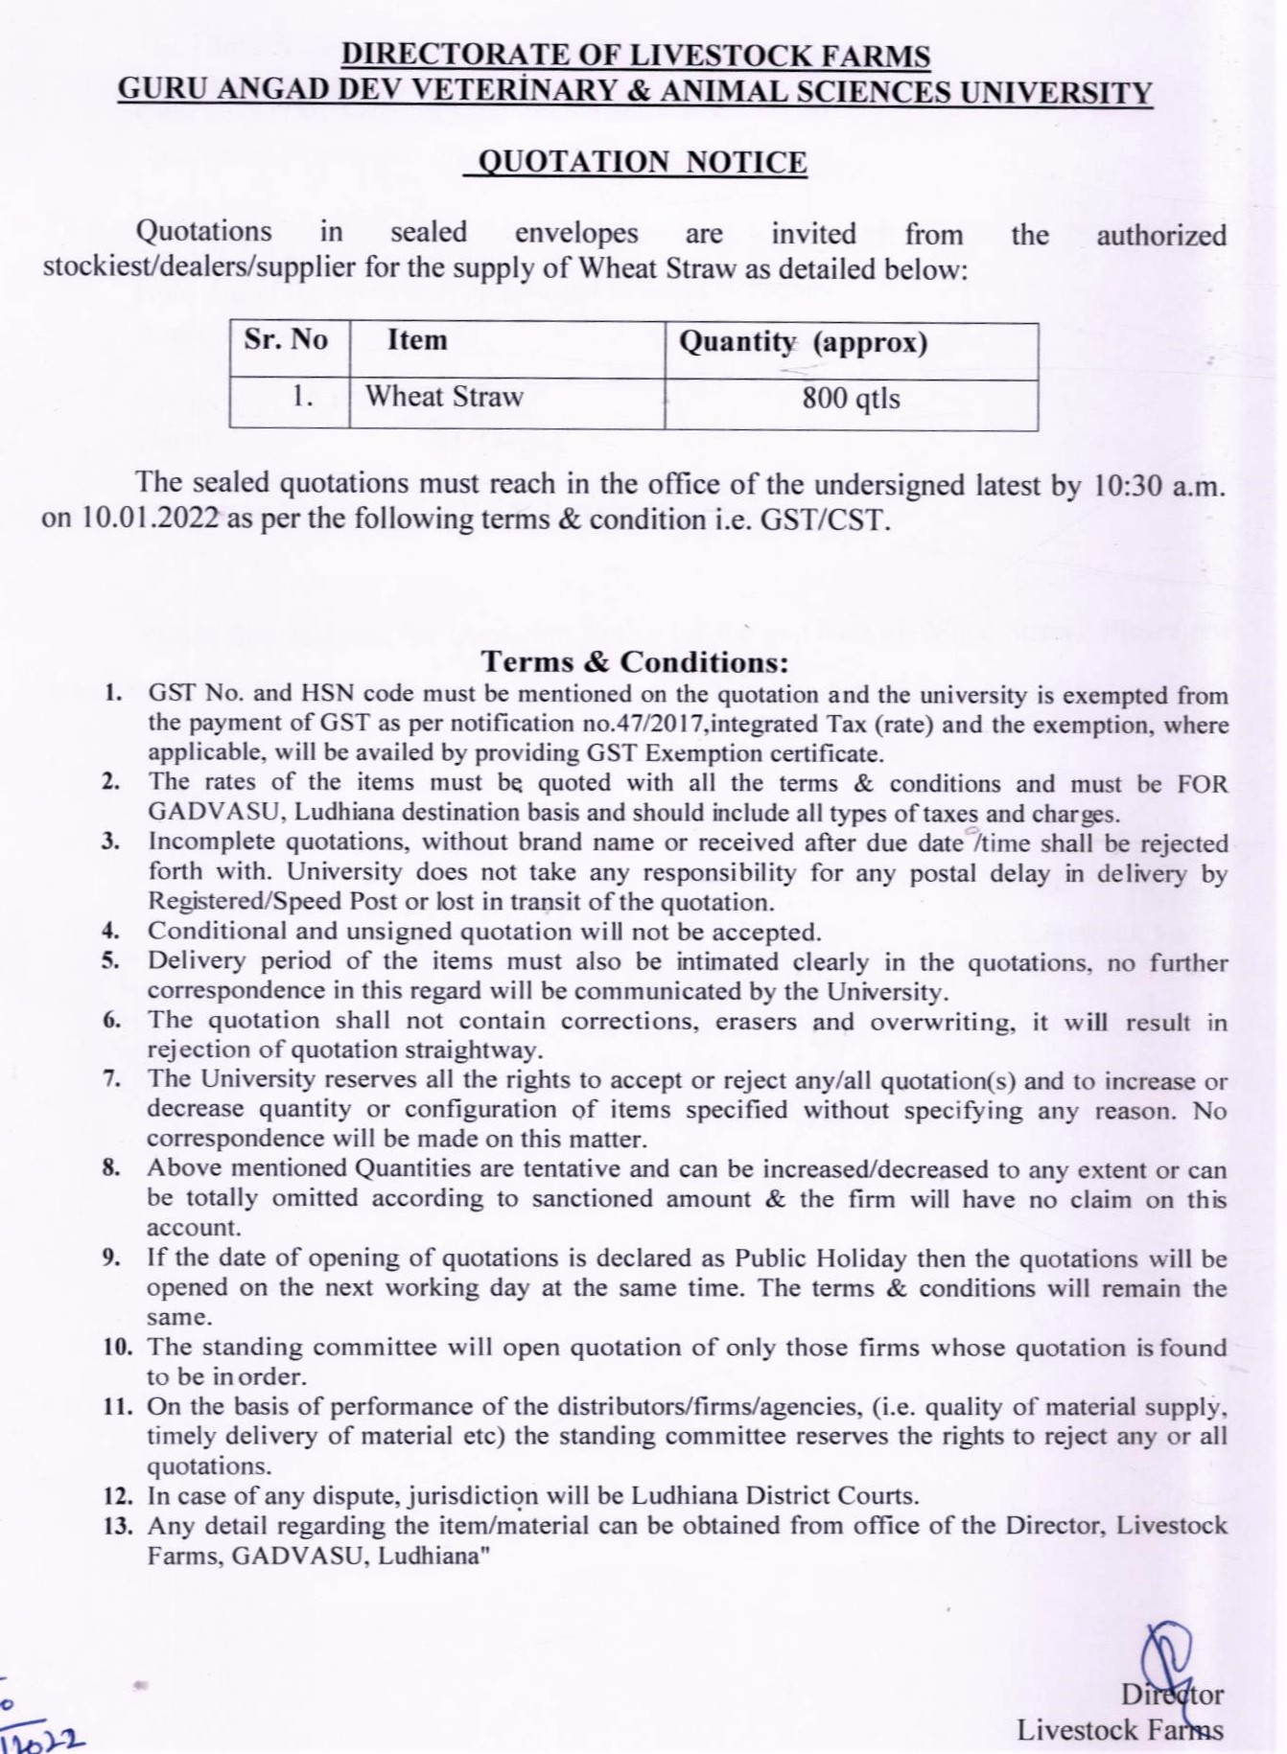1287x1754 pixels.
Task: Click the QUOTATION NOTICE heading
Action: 642,161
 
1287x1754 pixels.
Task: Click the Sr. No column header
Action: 286,340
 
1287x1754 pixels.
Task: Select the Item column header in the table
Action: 417,340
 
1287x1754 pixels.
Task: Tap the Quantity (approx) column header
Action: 803,342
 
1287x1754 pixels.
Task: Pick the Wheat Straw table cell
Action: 444,396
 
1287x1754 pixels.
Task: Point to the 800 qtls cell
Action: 851,398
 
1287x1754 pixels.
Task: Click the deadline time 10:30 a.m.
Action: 1158,485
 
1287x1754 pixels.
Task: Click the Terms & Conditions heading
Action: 635,661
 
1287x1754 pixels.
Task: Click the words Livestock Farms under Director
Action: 1119,1730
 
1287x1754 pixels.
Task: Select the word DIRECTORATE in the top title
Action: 437,56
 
